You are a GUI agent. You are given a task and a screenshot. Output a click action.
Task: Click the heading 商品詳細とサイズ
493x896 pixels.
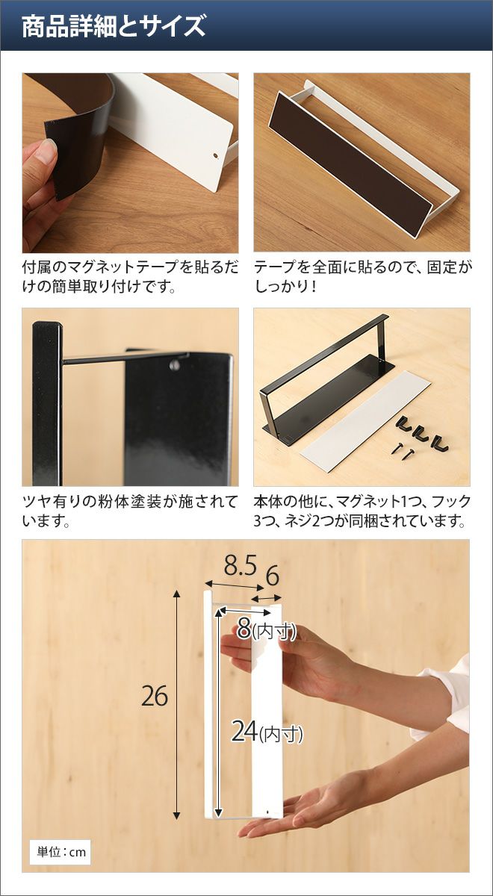tap(114, 26)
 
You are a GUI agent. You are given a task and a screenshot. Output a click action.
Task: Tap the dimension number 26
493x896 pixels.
tap(155, 697)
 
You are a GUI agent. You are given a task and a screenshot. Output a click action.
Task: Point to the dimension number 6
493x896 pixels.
tap(273, 576)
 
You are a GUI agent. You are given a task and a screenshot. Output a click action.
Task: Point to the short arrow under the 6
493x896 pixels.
tap(266, 598)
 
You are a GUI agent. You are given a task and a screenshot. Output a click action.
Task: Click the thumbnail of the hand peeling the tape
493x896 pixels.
tap(131, 163)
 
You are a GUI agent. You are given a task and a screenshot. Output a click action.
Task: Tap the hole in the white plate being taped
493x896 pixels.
tap(216, 155)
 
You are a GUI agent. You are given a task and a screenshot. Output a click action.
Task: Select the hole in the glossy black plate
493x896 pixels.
tap(175, 365)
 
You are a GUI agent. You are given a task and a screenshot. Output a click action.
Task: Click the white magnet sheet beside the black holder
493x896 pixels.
tap(365, 421)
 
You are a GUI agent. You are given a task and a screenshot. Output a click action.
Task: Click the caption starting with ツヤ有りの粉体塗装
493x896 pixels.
tap(130, 511)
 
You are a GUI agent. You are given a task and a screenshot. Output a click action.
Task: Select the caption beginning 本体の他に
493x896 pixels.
tap(362, 511)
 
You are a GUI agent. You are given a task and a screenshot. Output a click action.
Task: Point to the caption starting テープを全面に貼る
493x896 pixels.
tap(362, 276)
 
